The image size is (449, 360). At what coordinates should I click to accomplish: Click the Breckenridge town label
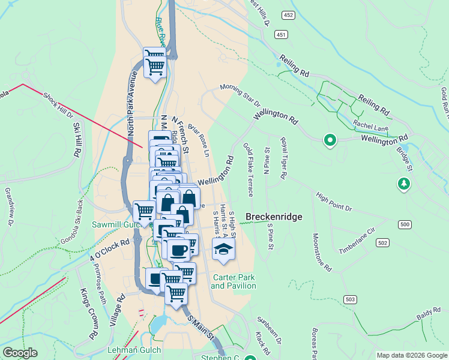pos(273,217)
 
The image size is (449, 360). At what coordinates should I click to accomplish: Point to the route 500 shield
pos(405,224)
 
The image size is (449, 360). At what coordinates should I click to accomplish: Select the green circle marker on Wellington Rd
pos(330,140)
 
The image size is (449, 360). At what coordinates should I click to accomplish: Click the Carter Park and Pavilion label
pos(234,281)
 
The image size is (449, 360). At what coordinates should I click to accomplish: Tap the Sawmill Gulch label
pos(115,224)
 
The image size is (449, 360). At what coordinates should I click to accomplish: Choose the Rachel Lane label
pos(372,127)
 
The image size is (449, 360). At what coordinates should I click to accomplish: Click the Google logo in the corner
pos(20,353)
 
